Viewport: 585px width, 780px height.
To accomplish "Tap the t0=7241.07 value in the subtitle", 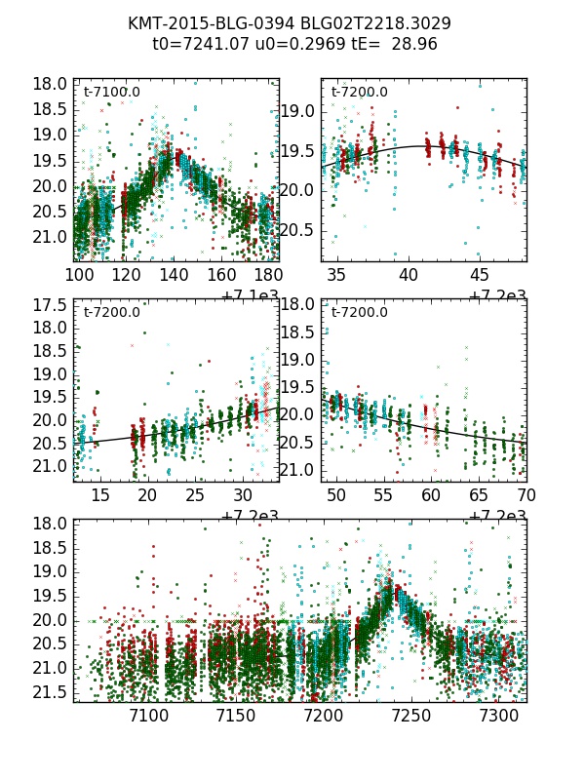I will pos(197,44).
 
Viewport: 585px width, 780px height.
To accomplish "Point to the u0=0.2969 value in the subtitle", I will pos(290,44).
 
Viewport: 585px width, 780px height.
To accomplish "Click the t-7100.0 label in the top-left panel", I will pos(111,93).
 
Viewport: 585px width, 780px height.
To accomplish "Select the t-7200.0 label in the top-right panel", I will pos(359,93).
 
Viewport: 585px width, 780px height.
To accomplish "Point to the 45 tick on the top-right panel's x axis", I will pos(480,276).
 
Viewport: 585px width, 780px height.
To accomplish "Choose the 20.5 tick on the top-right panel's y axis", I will pos(297,230).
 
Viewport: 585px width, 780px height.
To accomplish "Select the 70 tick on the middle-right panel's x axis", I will pos(526,496).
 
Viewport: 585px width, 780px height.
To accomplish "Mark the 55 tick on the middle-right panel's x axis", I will pos(384,496).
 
